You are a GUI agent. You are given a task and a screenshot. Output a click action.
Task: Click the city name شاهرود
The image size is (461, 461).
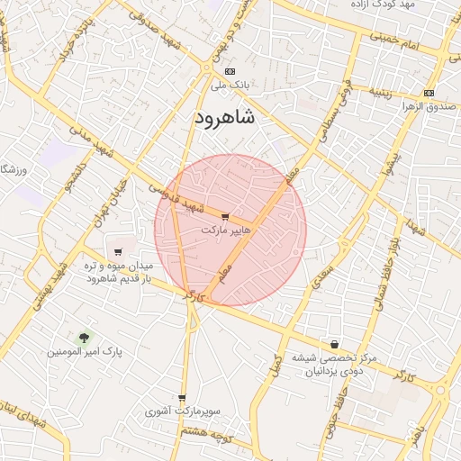224,119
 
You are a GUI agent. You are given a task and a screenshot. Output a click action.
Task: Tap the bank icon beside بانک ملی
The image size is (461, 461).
230,71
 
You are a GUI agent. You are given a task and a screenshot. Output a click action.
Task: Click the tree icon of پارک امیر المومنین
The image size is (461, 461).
85,338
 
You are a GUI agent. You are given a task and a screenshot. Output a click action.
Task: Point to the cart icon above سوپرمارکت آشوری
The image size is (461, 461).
182,398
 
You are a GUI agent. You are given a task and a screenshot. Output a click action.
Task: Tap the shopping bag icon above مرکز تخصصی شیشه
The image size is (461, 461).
335,344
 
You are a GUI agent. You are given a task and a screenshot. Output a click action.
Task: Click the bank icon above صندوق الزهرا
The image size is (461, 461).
428,93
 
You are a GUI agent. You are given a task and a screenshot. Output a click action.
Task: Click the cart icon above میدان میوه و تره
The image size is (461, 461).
118,251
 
